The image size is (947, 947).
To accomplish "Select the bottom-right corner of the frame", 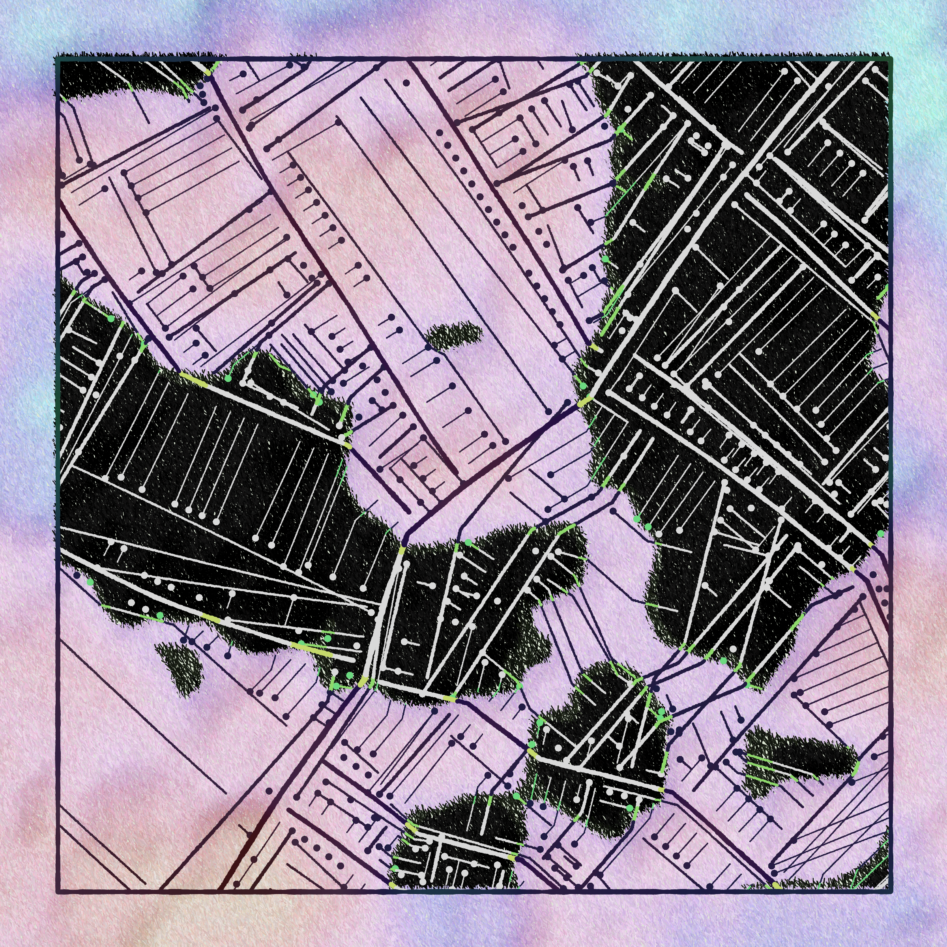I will point(890,890).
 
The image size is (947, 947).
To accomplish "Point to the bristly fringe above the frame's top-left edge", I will point(137,54).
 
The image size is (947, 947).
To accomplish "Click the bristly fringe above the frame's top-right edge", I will point(735,54).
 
